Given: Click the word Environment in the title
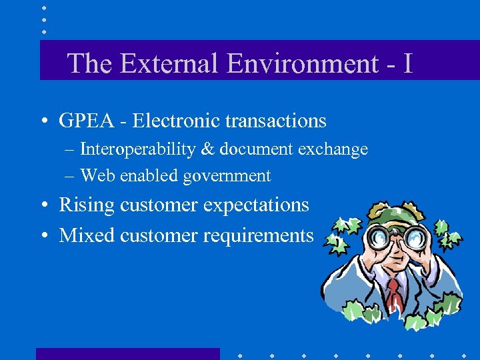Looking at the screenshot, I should (303, 63).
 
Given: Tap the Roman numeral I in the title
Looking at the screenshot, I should (408, 63).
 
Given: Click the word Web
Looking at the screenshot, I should (94, 176).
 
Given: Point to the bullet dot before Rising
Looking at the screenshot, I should (42, 205).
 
